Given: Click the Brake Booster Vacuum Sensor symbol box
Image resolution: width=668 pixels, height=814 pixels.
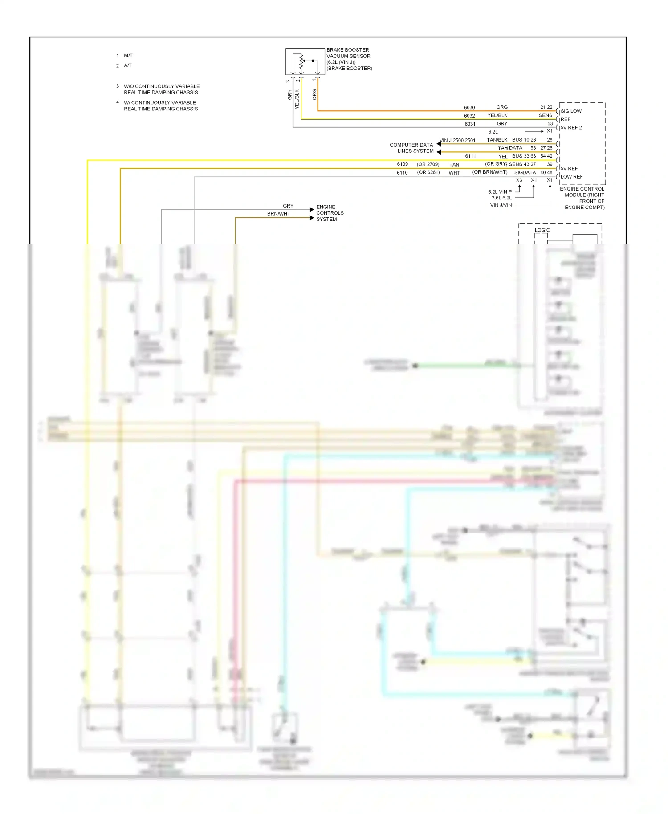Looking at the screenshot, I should pyautogui.click(x=305, y=61).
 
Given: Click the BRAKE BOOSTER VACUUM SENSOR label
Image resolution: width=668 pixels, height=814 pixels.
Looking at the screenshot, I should pyautogui.click(x=349, y=59).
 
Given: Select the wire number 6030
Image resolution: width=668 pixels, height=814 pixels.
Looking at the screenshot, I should pyautogui.click(x=469, y=108).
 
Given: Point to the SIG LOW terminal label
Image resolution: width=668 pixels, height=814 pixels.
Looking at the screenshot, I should pyautogui.click(x=571, y=111).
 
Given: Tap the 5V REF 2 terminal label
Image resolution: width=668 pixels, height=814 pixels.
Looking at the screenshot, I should pyautogui.click(x=571, y=128).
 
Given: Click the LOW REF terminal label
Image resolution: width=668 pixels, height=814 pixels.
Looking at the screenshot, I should pyautogui.click(x=572, y=177).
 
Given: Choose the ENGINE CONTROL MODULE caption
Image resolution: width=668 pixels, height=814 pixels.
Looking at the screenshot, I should pyautogui.click(x=582, y=198).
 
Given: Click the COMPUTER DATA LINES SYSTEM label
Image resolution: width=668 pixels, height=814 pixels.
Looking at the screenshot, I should pyautogui.click(x=411, y=148).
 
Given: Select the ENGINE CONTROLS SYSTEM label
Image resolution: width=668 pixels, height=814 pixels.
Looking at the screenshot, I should pyautogui.click(x=330, y=213).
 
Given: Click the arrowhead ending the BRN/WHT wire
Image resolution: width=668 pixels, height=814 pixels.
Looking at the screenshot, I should pyautogui.click(x=312, y=218).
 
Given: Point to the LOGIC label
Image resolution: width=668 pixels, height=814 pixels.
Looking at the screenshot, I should pyautogui.click(x=542, y=230).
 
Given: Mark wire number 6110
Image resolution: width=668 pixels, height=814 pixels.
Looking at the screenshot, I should pyautogui.click(x=402, y=173).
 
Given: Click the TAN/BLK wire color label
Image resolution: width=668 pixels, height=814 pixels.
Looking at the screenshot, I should pyautogui.click(x=497, y=140).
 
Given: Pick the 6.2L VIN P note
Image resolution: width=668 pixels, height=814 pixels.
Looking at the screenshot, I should pyautogui.click(x=500, y=192).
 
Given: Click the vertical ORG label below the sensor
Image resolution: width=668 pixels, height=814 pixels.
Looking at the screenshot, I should pyautogui.click(x=314, y=94).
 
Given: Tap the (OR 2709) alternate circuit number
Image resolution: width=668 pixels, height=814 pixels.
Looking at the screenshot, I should pyautogui.click(x=428, y=164).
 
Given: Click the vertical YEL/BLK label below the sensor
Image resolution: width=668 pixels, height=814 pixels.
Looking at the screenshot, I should pyautogui.click(x=297, y=99).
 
